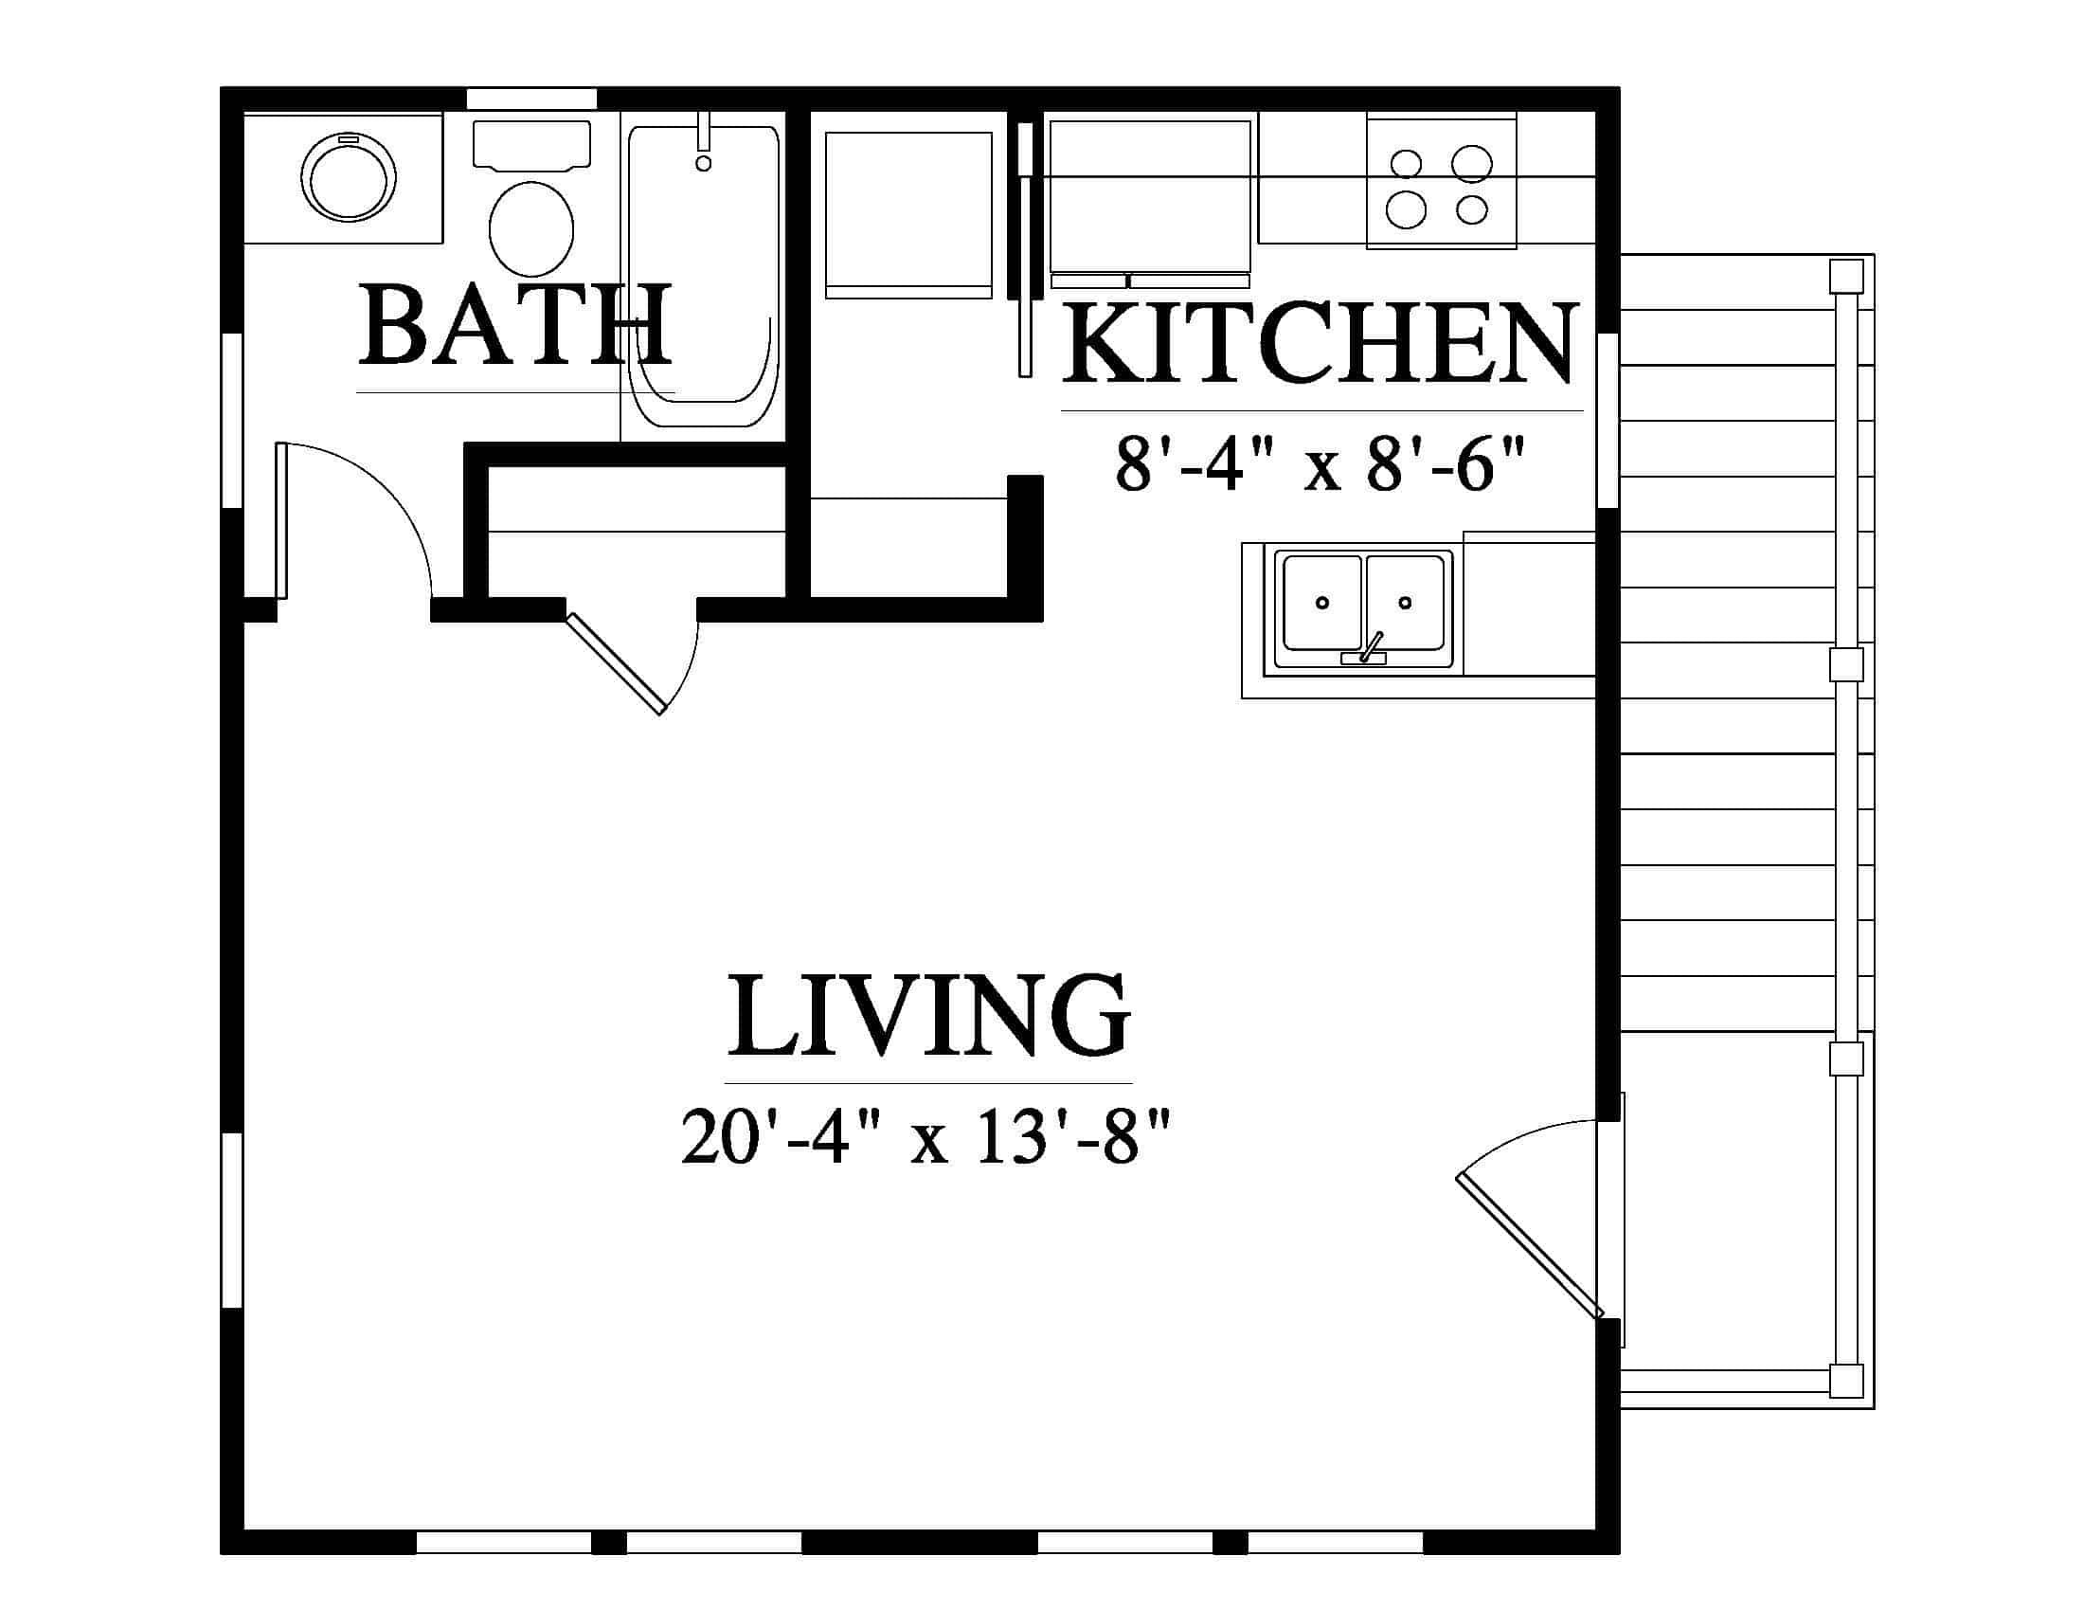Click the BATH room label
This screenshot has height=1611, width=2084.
pos(515,324)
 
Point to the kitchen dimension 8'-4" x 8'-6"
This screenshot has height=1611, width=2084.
pos(1319,464)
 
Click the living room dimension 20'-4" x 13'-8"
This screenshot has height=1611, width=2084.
pos(925,1135)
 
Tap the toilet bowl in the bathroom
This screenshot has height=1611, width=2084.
pos(531,228)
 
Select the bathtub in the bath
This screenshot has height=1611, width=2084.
pos(703,276)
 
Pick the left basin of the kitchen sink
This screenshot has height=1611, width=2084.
pos(1322,602)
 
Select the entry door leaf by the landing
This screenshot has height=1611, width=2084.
pos(1528,1247)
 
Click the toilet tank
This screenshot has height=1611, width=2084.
pos(531,145)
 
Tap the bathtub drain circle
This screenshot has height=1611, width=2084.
pos(703,163)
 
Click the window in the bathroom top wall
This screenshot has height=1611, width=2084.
pos(530,100)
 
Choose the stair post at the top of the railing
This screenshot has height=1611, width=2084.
pos(1846,277)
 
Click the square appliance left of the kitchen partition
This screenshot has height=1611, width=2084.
pos(908,215)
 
